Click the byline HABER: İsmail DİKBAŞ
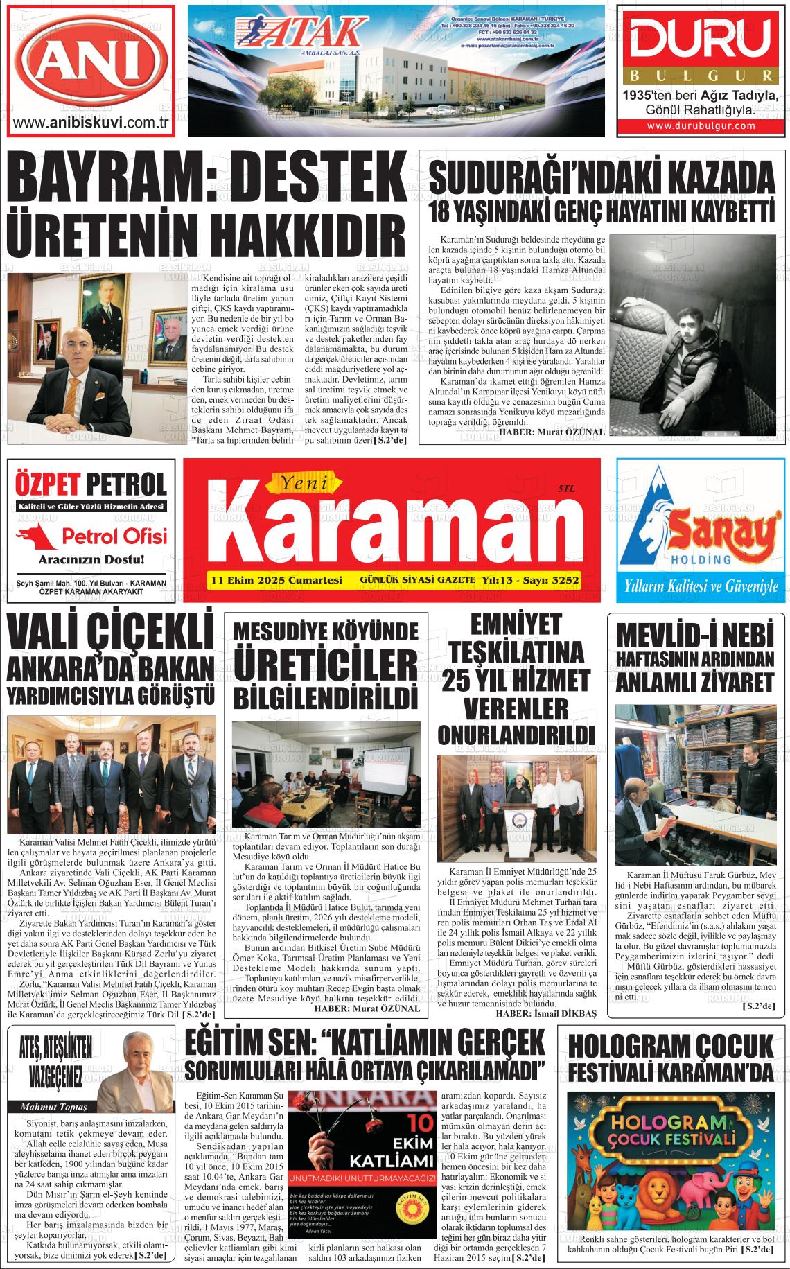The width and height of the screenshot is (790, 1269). coord(545,1013)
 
